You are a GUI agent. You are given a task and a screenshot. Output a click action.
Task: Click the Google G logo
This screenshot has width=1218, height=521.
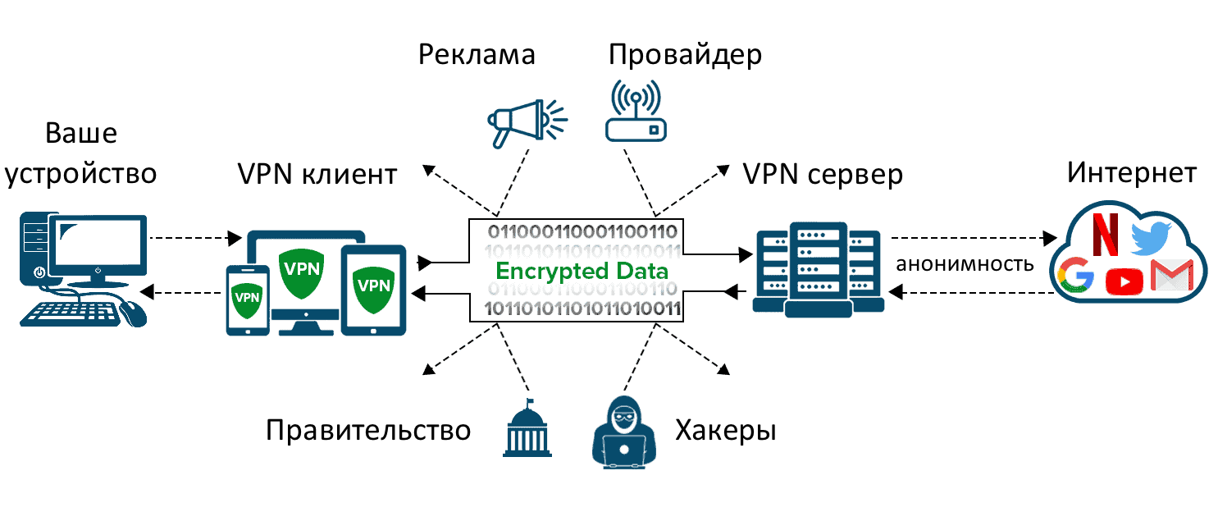1076,275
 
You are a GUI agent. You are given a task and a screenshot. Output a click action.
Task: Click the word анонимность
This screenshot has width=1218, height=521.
964,264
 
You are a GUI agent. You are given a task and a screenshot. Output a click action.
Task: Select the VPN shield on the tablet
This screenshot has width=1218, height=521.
374,286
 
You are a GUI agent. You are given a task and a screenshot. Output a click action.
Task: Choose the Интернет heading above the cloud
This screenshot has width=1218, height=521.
1131,173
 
